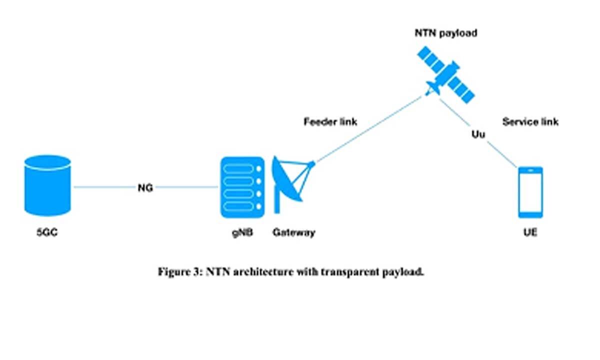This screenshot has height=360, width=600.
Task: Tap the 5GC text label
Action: pos(47,232)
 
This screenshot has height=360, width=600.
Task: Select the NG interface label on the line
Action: pos(145,188)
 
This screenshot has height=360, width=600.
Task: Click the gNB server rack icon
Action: pos(242,187)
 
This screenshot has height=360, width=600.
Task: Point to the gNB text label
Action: pos(242,232)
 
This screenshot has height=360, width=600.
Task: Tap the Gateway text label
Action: pos(294,232)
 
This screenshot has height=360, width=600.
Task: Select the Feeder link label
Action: pos(330,122)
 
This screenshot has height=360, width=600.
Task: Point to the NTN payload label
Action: pos(446,33)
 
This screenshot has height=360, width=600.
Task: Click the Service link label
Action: pos(530,122)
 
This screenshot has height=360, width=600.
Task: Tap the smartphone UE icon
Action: pos(530,192)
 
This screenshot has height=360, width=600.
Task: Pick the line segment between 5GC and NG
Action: pos(105,187)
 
